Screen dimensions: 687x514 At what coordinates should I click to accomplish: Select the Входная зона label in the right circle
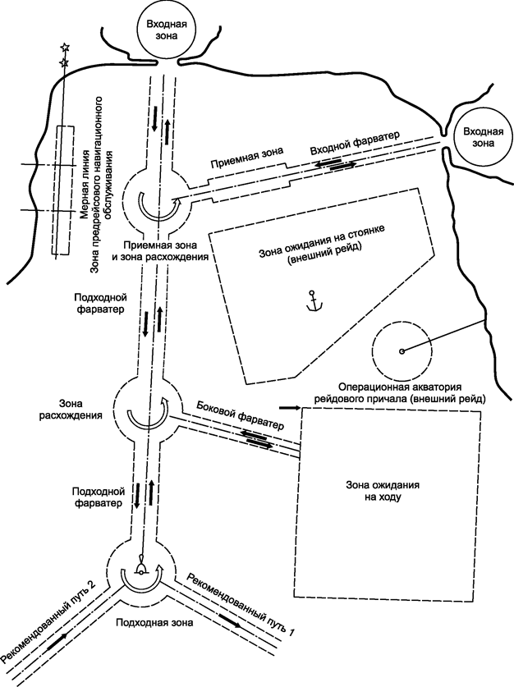point(478,137)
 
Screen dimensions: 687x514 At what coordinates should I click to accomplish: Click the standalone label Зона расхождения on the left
point(79,410)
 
